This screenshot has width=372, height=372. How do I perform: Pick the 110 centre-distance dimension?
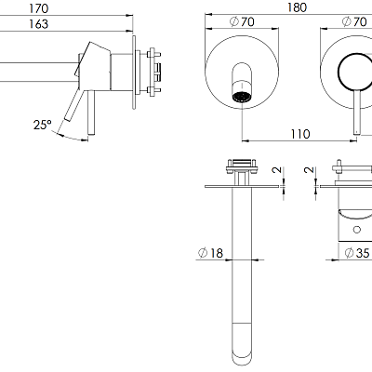pos(299,133)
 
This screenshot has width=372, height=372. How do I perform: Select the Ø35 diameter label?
pos(356,251)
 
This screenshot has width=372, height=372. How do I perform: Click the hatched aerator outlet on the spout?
pos(245,97)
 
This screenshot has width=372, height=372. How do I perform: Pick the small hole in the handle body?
pos(357,226)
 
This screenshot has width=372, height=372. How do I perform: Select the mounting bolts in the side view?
pos(154,71)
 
